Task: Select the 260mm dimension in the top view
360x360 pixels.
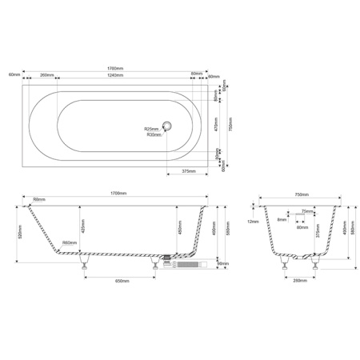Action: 45,75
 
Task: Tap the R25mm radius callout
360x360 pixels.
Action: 151,129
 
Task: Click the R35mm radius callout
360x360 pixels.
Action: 154,135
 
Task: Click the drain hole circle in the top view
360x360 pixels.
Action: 167,125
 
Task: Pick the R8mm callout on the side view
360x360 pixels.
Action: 39,200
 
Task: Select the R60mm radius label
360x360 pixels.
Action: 69,242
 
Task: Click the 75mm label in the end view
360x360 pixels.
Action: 307,212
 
